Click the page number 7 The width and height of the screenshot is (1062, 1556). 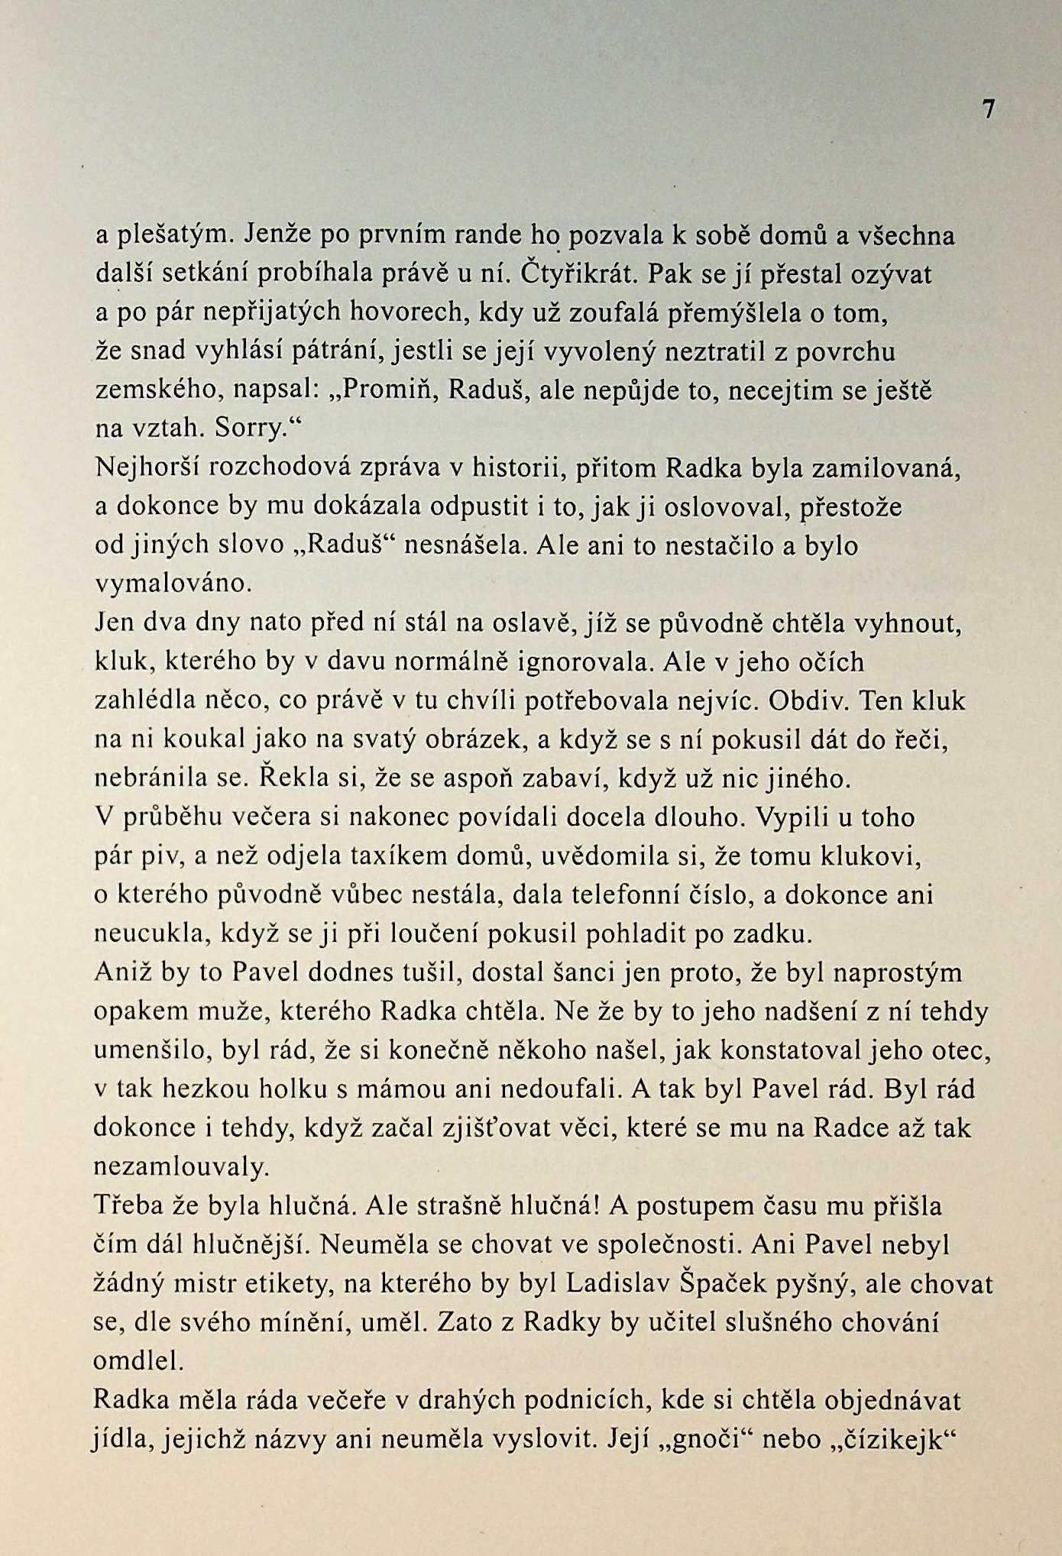click(x=989, y=110)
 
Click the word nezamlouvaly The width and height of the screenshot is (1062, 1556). click(x=181, y=1167)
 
